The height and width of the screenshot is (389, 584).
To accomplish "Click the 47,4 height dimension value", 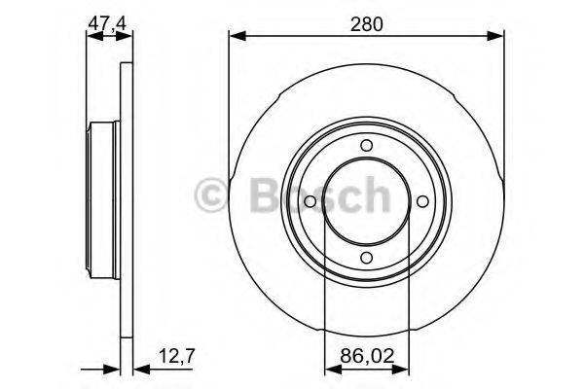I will pos(108,20).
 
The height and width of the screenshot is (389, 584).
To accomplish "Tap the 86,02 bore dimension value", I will pos(366,357).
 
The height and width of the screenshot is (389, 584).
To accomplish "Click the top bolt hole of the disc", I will pos(366,146).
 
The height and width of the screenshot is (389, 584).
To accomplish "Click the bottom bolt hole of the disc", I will pos(366,258).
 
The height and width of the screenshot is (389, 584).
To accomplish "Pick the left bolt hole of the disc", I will pos(310,202).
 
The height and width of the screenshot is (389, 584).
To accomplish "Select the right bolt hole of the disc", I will pos(422,202).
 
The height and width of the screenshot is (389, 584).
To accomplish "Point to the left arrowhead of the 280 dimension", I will pos(235,37).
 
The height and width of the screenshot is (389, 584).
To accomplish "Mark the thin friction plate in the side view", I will pos(125,202).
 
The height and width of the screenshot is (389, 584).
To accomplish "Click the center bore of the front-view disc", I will pos(366,202).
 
